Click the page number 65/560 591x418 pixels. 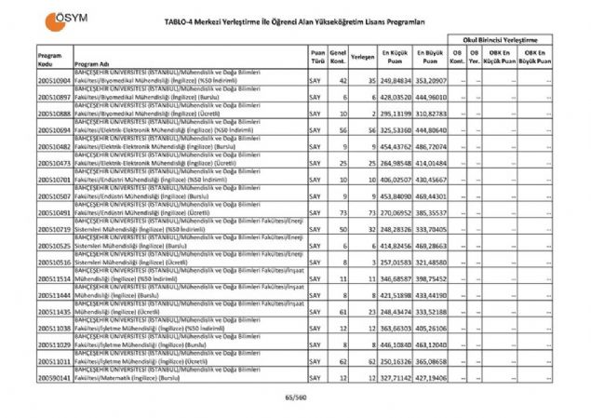click(x=295, y=398)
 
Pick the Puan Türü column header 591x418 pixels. click(x=317, y=57)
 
